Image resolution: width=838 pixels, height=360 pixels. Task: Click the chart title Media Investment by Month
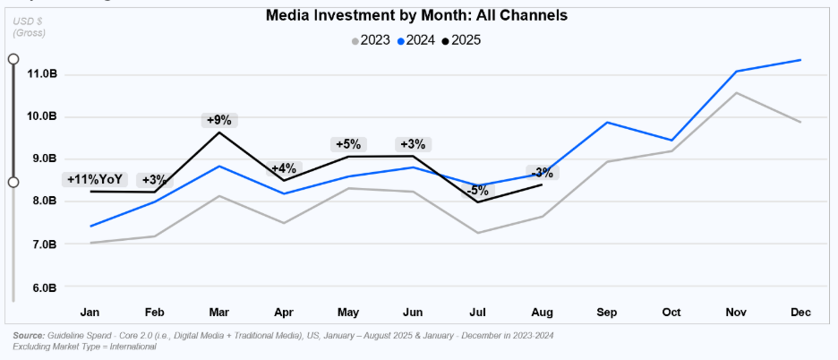pos(416,15)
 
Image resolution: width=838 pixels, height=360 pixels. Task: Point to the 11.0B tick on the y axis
pos(41,73)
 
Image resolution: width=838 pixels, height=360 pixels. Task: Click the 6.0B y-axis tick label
pos(41,287)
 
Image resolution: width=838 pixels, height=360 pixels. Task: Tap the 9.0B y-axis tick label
pos(41,159)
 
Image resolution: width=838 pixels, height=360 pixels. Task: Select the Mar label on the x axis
pos(219,313)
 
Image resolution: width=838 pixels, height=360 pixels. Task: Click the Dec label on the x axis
pos(800,313)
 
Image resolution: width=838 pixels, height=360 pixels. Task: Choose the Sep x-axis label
pos(608,313)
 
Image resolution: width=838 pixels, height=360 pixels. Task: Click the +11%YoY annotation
pos(95,180)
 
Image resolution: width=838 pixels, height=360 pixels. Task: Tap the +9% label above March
pos(219,119)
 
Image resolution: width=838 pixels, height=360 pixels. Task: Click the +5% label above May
pos(347,144)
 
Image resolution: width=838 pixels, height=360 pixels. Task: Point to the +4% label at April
pos(283,168)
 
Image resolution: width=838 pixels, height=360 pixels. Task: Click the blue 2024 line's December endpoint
pos(800,60)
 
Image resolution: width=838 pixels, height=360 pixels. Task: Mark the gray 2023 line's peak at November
pos(736,92)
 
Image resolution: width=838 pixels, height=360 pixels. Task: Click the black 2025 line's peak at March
pos(219,133)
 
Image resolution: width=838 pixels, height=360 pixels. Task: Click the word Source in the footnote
pos(30,336)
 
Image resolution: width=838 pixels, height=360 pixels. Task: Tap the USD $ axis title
pos(28,21)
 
